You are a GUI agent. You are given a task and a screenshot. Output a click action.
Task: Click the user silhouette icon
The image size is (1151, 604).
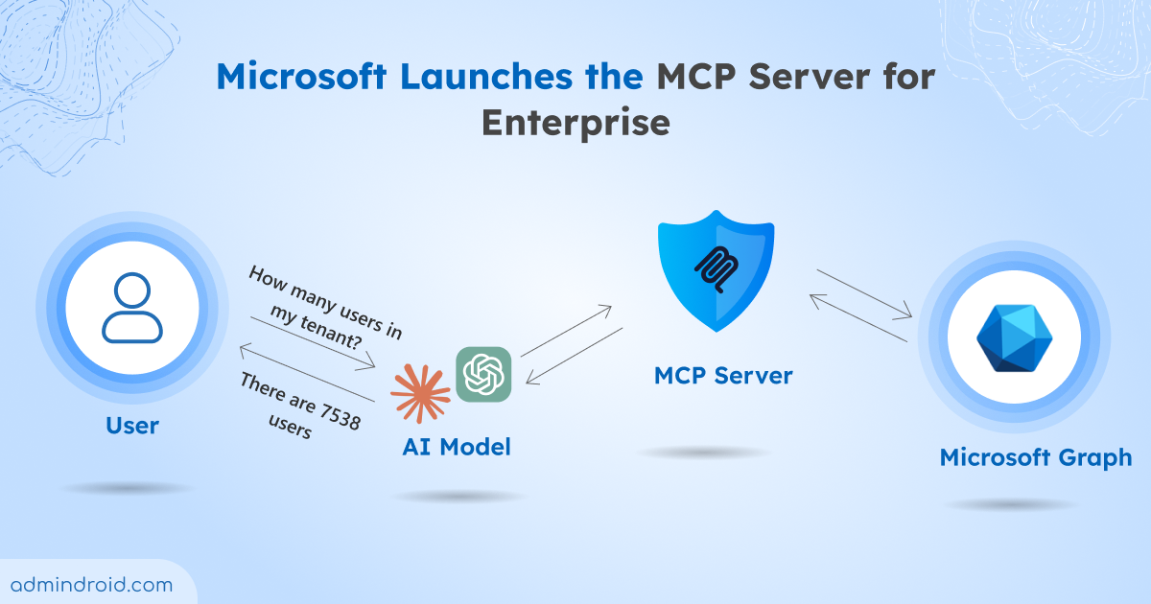132,308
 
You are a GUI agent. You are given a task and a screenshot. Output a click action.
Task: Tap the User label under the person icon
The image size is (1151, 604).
132,425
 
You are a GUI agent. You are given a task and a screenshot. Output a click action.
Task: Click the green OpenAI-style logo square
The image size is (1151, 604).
484,374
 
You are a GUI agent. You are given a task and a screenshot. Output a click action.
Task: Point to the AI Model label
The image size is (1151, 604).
457,447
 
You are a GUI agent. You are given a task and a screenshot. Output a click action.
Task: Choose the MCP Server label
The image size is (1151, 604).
723,376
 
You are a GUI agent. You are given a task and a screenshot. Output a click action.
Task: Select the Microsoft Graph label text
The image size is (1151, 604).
1036,457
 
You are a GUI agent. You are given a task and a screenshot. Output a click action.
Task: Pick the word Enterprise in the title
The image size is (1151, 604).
575,122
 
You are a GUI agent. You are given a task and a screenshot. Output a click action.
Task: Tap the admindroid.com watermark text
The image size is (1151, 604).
92,584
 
